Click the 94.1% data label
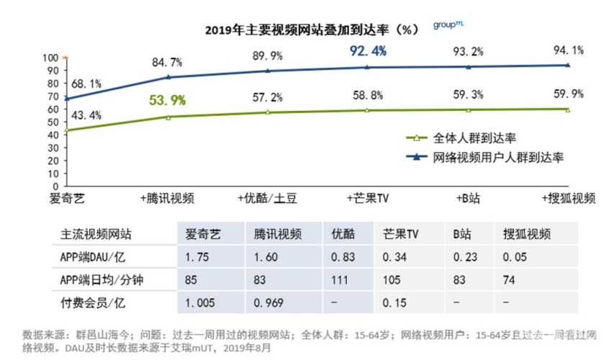(x=568, y=50)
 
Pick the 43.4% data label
(x=86, y=115)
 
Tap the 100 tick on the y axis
(x=50, y=58)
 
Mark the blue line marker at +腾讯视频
(x=168, y=77)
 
